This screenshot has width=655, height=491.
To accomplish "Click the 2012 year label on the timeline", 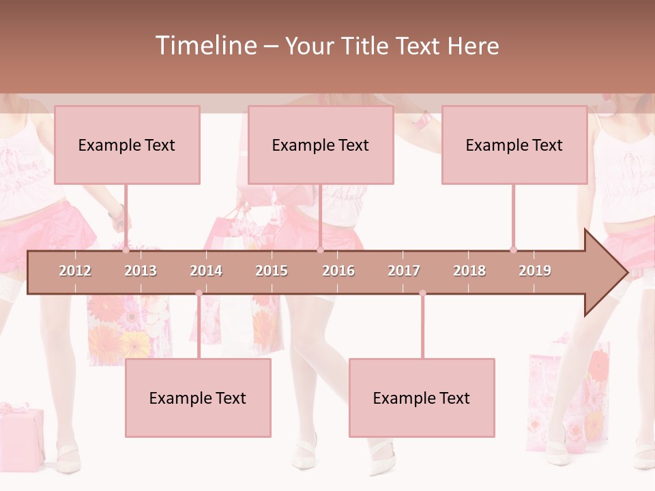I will tap(75, 271).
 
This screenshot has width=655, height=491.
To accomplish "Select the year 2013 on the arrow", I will tap(141, 271).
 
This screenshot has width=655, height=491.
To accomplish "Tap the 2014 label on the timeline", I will tap(206, 271).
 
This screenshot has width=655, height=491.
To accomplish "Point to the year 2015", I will tap(272, 271).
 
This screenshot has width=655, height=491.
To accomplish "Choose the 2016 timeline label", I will tap(338, 271).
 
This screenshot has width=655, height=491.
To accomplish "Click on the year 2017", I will tap(404, 271).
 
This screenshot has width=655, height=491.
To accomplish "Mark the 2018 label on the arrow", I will tap(469, 271).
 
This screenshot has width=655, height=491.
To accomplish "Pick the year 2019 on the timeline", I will tap(535, 271).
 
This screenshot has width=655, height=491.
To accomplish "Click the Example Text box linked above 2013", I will tap(127, 145).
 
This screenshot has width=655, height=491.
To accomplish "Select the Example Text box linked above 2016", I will tap(321, 145).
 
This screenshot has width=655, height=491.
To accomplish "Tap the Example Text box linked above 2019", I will tap(514, 145).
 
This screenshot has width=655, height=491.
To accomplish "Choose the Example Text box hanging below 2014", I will tap(198, 398).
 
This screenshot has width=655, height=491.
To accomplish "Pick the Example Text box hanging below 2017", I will tap(422, 398).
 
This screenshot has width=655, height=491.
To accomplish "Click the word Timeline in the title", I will tap(205, 46).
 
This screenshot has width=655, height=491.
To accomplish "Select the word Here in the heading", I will tap(473, 46).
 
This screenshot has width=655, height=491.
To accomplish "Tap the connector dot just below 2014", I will tap(199, 293).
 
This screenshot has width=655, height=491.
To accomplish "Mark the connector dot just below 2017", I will tap(422, 293).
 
